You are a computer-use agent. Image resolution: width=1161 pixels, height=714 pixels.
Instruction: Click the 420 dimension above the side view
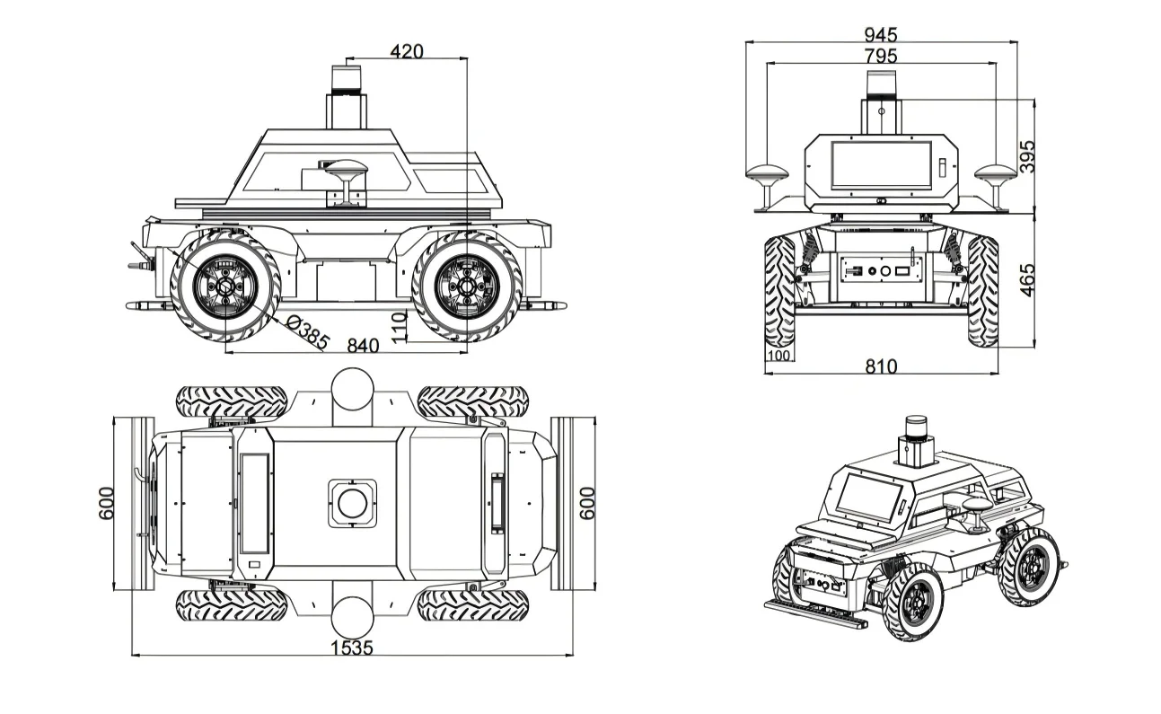[407, 51]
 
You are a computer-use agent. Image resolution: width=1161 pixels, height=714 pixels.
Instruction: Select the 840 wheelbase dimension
[363, 346]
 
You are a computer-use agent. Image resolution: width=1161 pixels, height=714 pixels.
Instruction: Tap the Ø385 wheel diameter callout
[307, 333]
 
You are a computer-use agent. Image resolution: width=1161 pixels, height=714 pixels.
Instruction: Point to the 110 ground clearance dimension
[399, 327]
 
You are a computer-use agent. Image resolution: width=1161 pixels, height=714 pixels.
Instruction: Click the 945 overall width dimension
[881, 35]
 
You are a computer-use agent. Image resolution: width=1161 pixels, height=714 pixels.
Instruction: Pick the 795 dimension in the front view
[881, 56]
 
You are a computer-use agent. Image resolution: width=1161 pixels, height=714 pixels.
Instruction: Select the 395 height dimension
[1026, 156]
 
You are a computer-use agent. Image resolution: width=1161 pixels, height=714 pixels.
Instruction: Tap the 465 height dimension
[1026, 280]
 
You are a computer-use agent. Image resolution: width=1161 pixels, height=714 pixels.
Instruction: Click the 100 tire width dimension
[778, 355]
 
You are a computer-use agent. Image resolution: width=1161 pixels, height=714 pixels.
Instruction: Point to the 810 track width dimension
[881, 366]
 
